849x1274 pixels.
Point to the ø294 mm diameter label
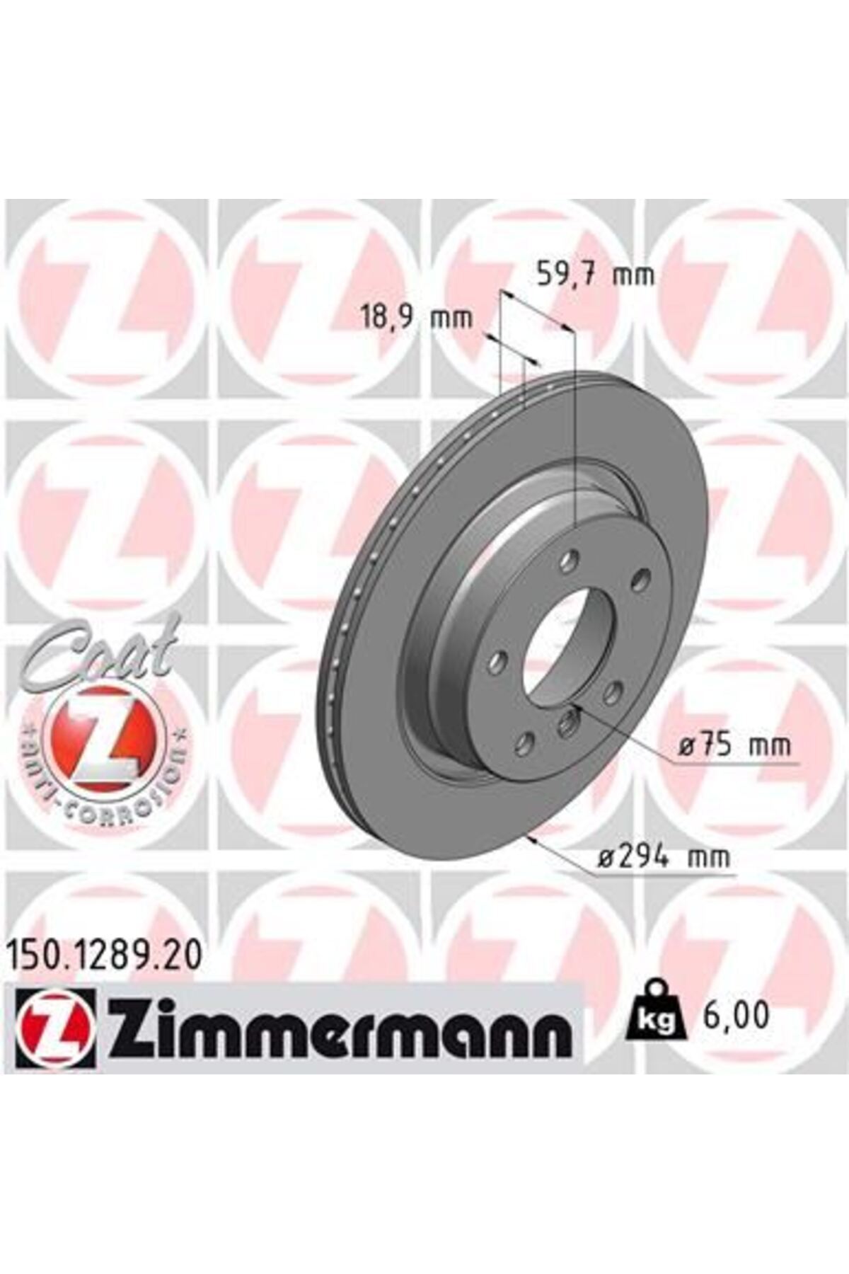(663, 858)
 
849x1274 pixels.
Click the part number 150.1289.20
(105, 957)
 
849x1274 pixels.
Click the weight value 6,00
(736, 1016)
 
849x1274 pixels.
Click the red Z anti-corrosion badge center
(106, 735)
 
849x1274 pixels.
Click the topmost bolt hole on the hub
(568, 562)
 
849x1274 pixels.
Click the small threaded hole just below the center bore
(569, 722)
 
